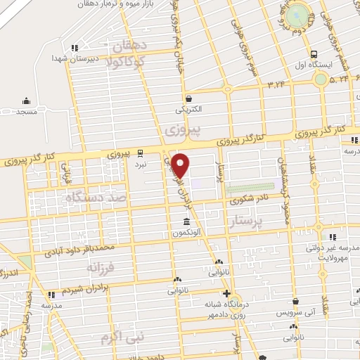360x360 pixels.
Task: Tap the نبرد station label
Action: tap(141, 163)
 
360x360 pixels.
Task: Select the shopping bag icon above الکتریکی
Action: tap(188, 98)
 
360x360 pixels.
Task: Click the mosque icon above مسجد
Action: tap(27, 101)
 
